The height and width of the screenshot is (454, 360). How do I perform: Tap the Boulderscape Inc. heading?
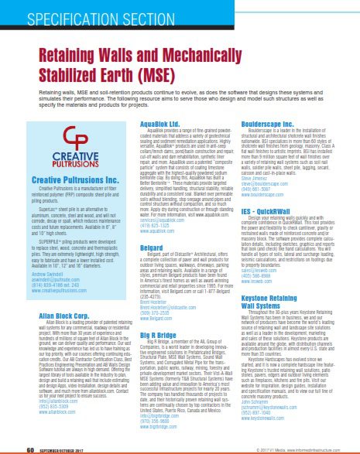click(x=273, y=125)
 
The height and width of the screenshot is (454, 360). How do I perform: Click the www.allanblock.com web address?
click(x=51, y=437)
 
